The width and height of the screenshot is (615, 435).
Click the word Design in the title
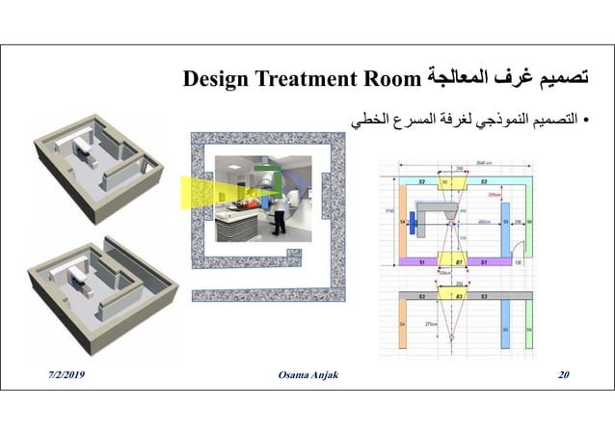(x=215, y=77)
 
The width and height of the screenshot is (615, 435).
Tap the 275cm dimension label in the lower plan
(x=432, y=324)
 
